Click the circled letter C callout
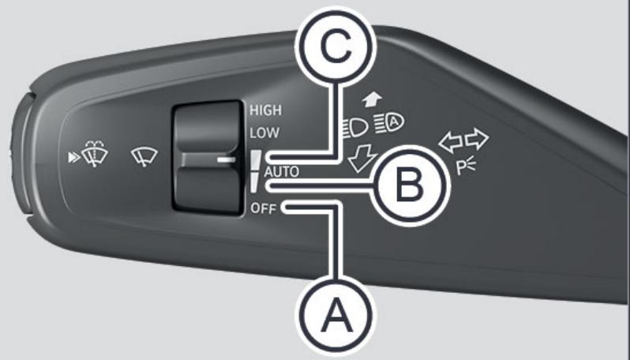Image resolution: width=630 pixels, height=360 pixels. (x=336, y=47)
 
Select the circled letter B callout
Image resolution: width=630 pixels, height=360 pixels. (x=410, y=186)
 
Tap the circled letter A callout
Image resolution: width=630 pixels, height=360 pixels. (x=336, y=317)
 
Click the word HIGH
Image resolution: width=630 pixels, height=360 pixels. (x=265, y=110)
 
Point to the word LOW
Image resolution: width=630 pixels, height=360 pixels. (x=264, y=133)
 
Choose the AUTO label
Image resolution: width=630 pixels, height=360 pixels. (x=282, y=172)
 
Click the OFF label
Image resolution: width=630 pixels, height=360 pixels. (x=263, y=208)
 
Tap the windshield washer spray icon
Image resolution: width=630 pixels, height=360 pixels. (x=95, y=153)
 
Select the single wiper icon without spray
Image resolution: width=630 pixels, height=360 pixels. (x=144, y=156)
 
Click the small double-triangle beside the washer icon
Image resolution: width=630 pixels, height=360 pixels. (x=74, y=158)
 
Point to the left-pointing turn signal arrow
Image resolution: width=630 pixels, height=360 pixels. (x=451, y=141)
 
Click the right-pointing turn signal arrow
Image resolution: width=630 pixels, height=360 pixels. (x=477, y=139)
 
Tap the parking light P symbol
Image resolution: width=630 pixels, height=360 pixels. (x=466, y=167)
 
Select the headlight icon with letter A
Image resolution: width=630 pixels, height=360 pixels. (x=389, y=123)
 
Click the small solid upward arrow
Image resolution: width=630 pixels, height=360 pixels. (x=372, y=99)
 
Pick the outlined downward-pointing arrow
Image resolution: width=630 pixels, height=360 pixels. (x=362, y=157)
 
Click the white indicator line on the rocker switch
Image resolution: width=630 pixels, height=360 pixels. (x=227, y=159)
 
